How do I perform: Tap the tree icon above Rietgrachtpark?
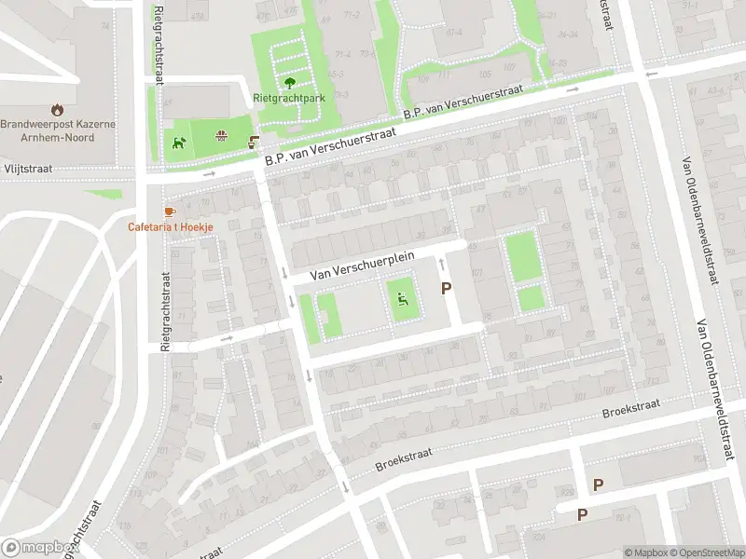point(287,82)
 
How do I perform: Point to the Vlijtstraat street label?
point(25,170)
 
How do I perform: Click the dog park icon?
point(178,143)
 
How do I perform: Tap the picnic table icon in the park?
point(222,137)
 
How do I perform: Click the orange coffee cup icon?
point(169,212)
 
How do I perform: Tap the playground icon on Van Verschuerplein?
point(403,300)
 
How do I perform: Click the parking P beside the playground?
point(446,290)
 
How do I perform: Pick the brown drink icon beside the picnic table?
point(253,143)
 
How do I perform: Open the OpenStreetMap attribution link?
point(707,552)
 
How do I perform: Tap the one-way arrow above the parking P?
point(442,265)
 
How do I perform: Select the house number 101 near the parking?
point(477,273)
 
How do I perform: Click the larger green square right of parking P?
point(523,256)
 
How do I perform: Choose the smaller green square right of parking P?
point(531,298)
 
